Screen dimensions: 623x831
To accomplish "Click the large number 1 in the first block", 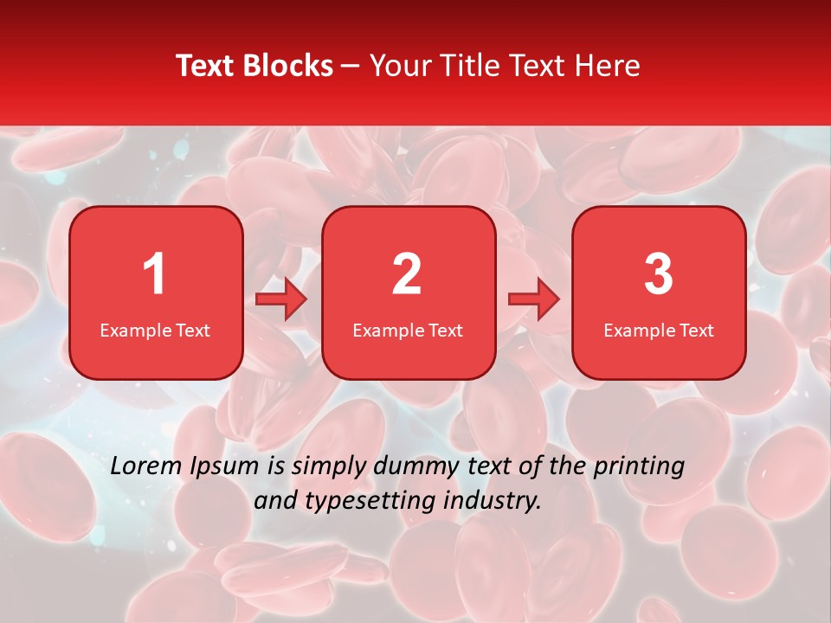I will (x=154, y=275).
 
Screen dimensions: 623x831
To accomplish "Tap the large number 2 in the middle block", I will (x=407, y=275).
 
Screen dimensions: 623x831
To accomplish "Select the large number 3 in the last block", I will (x=659, y=275).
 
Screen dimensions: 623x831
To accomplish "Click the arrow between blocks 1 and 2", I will (x=282, y=299).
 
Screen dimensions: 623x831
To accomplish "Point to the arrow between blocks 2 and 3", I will (x=534, y=299).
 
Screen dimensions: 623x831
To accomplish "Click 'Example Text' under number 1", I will (x=155, y=331).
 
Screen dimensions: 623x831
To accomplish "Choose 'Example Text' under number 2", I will (x=408, y=331).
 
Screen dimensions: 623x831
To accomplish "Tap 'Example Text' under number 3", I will (x=659, y=331).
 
